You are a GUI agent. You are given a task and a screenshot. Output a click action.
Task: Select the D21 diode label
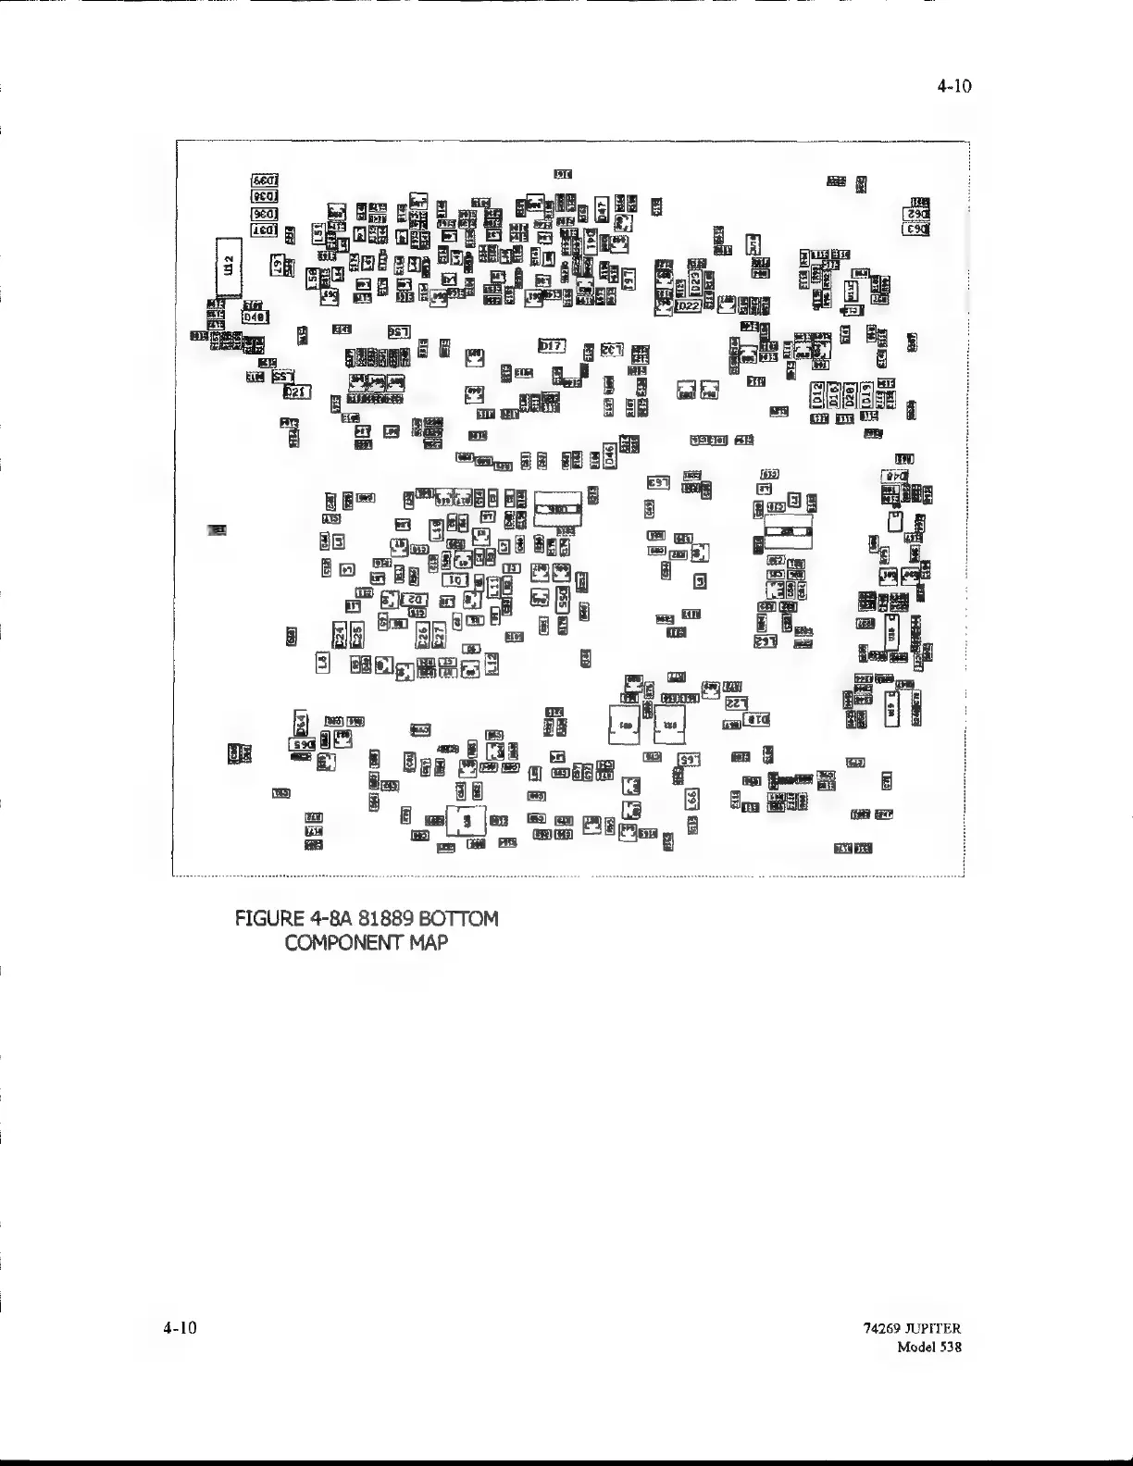pos(296,392)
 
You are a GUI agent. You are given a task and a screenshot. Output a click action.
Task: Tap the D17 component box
pos(552,346)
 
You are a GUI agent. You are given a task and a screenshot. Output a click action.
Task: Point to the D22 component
pos(688,306)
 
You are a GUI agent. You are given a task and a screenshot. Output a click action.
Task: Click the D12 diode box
pos(817,395)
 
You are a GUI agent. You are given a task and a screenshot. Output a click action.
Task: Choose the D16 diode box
pos(834,395)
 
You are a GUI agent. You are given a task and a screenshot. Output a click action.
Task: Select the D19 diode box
pos(866,395)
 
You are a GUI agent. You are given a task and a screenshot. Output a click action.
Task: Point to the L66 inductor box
pos(691,798)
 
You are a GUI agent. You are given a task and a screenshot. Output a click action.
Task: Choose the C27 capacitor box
pos(440,634)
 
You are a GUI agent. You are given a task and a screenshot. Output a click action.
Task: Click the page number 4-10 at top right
pos(954,87)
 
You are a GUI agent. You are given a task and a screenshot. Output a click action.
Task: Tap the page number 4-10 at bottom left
pos(181,1328)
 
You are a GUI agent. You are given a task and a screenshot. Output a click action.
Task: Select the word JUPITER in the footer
pos(931,1329)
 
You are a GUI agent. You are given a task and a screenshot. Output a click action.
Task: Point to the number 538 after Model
pos(950,1347)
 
